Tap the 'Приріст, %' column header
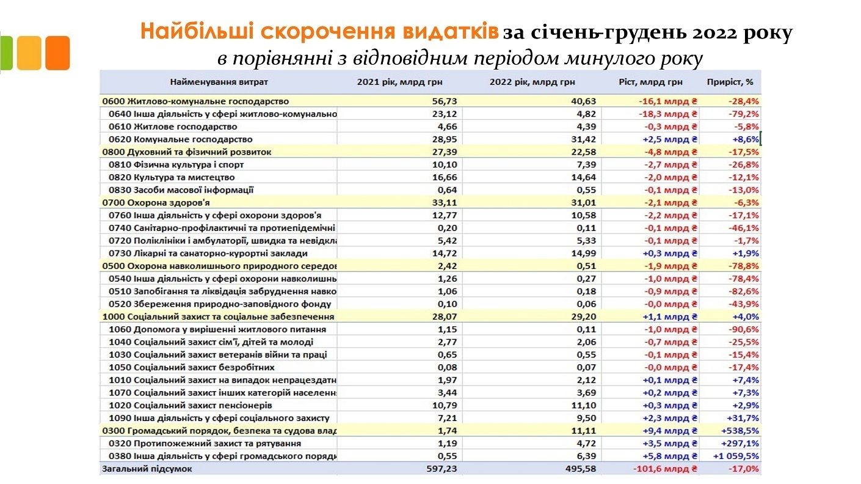click(731, 82)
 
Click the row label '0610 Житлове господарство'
click(173, 127)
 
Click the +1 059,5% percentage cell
click(736, 456)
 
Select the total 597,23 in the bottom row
click(441, 469)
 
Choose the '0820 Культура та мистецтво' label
click(173, 177)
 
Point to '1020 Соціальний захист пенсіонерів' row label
click(190, 405)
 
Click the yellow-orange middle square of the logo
click(29, 53)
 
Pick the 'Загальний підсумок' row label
click(147, 469)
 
